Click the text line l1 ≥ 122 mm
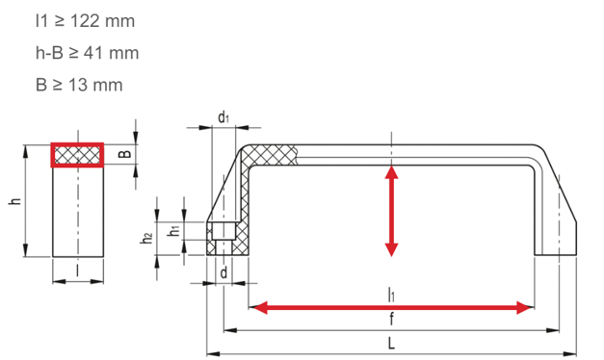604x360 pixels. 85,21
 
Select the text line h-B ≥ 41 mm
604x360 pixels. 87,53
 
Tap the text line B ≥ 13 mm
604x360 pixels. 79,85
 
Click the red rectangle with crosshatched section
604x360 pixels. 77,155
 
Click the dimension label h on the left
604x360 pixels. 15,200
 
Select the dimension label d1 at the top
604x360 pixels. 223,117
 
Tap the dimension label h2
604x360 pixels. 146,239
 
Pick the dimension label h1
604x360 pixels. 174,231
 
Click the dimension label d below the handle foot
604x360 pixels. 223,272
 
